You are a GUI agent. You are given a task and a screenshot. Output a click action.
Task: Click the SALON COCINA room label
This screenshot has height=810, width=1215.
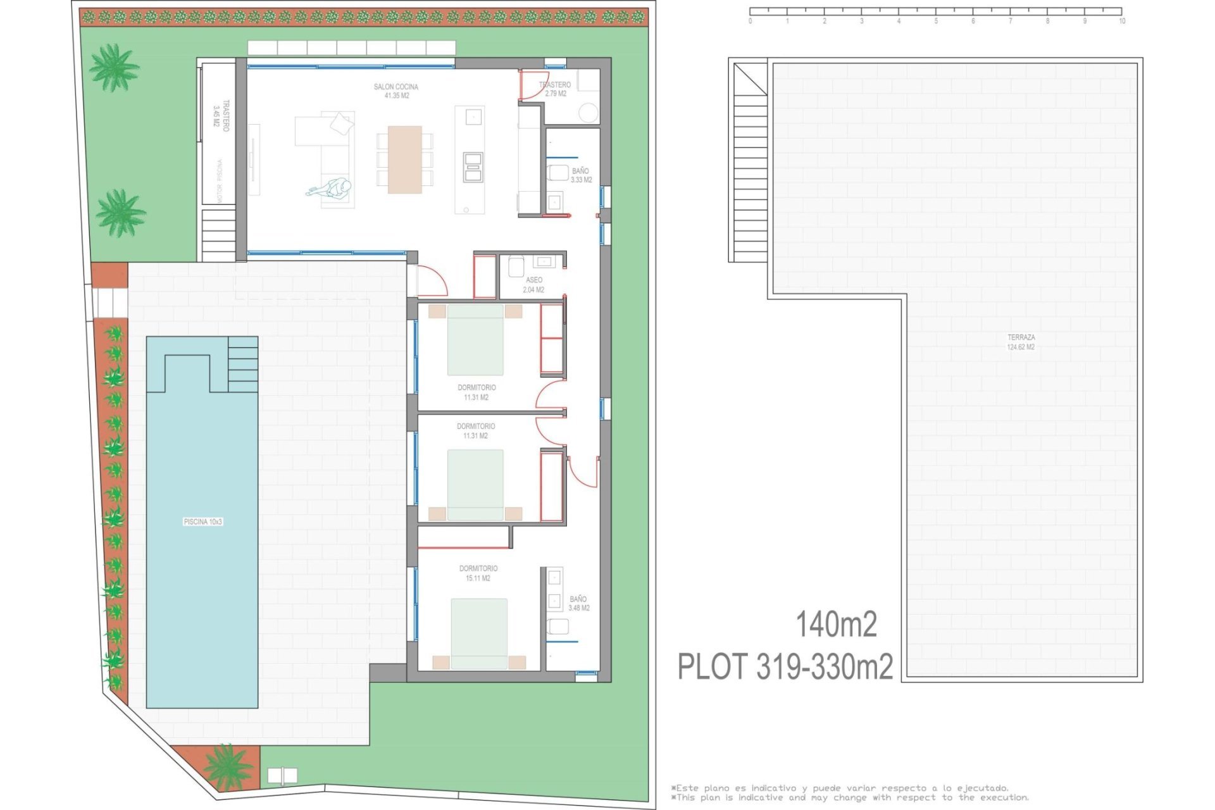pyautogui.click(x=396, y=91)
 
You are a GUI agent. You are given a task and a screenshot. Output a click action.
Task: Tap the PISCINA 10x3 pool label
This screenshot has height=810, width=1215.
pyautogui.click(x=202, y=522)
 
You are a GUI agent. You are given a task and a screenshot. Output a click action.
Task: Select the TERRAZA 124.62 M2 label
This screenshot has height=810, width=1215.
pyautogui.click(x=1021, y=342)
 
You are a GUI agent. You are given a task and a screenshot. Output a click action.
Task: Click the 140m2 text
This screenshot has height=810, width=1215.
pyautogui.click(x=836, y=625)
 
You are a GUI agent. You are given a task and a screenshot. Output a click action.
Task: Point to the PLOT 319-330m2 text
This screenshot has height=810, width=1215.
pyautogui.click(x=785, y=667)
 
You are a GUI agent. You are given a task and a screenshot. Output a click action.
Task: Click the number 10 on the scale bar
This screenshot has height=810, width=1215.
pyautogui.click(x=1121, y=22)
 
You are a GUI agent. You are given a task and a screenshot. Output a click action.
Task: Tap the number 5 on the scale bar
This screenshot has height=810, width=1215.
pyautogui.click(x=936, y=22)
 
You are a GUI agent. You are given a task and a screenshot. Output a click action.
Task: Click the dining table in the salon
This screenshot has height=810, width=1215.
pyautogui.click(x=404, y=159)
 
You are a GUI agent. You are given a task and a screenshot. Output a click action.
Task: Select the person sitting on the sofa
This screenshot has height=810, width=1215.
pyautogui.click(x=330, y=189)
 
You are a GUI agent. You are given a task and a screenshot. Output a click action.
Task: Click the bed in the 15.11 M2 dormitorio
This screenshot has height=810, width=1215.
pyautogui.click(x=479, y=633)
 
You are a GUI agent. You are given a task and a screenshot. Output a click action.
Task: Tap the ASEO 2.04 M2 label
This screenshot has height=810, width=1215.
pyautogui.click(x=533, y=285)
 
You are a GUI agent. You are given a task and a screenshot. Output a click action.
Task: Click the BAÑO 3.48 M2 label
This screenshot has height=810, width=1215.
pyautogui.click(x=578, y=603)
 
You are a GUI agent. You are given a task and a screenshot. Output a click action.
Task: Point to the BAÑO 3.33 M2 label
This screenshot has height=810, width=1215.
pyautogui.click(x=581, y=175)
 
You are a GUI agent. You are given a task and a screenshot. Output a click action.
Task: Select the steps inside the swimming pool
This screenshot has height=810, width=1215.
pyautogui.click(x=242, y=364)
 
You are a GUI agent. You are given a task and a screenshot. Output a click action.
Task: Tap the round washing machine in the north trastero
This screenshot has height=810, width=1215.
pyautogui.click(x=589, y=113)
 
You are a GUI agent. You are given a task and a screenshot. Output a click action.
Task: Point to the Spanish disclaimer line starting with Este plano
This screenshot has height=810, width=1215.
pyautogui.click(x=840, y=788)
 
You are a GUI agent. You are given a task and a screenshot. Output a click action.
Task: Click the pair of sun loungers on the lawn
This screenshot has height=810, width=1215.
pyautogui.click(x=282, y=776)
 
